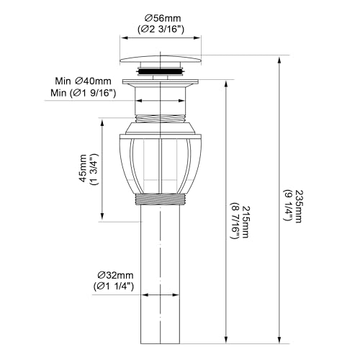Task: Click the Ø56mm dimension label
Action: [x=162, y=18]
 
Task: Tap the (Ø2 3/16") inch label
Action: [x=161, y=30]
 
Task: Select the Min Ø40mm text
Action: [x=84, y=81]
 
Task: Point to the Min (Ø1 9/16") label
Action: [x=84, y=93]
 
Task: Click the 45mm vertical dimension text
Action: [x=83, y=168]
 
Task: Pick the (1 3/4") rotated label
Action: [x=94, y=168]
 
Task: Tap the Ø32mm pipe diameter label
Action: [x=115, y=275]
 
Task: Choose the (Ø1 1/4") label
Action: [x=113, y=287]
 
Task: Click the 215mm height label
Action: [x=246, y=222]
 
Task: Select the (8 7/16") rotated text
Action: [x=235, y=221]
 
